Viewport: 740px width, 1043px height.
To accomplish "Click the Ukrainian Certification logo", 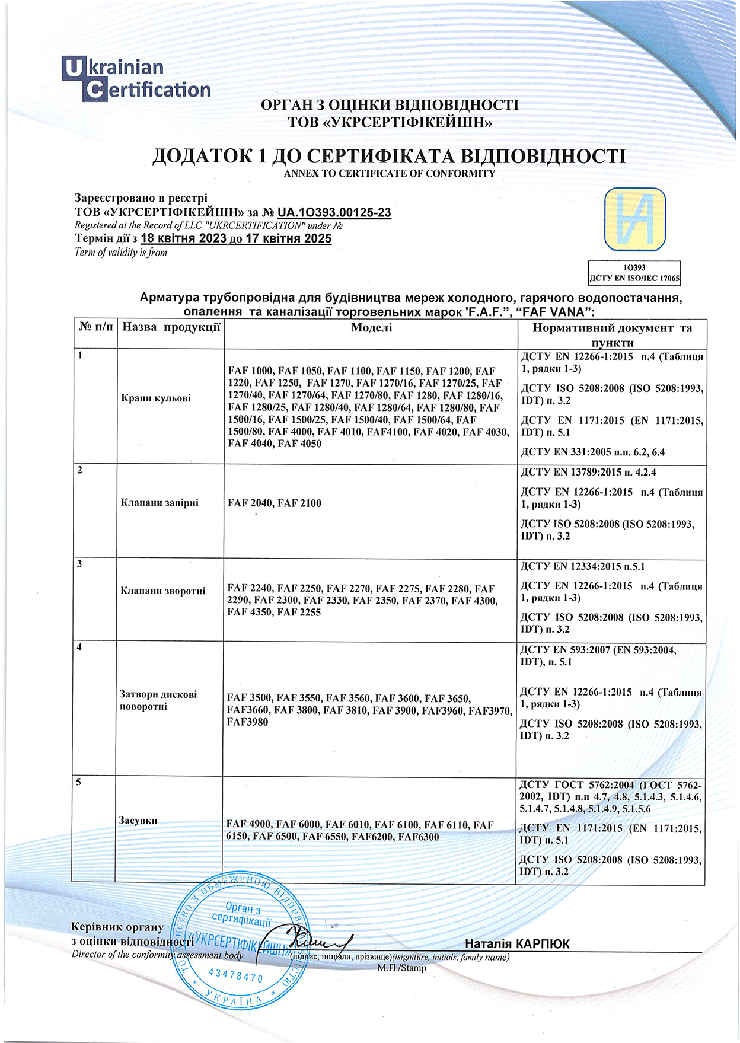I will pyautogui.click(x=136, y=78).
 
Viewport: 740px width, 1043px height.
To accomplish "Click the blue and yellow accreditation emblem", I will pyautogui.click(x=634, y=220).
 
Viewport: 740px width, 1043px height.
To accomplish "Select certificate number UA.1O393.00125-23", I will pyautogui.click(x=334, y=212).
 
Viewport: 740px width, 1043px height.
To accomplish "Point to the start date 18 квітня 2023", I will pyautogui.click(x=184, y=238).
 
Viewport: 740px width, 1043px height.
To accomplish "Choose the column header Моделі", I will pyautogui.click(x=371, y=328).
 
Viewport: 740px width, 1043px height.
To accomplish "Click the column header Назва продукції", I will pyautogui.click(x=171, y=327).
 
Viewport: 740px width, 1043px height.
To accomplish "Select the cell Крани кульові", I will pyautogui.click(x=156, y=398).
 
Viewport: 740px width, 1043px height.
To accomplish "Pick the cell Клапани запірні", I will pyautogui.click(x=160, y=503).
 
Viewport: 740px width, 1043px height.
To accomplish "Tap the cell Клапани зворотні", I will pyautogui.click(x=163, y=591).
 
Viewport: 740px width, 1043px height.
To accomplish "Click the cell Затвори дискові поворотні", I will pyautogui.click(x=158, y=700).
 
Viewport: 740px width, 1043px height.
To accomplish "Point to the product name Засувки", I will pyautogui.click(x=138, y=821).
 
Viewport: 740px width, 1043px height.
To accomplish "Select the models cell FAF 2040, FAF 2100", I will pyautogui.click(x=275, y=503).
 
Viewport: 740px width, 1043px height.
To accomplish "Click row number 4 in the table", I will pyautogui.click(x=79, y=648).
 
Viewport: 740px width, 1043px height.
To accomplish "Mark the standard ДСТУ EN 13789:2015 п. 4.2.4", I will pyautogui.click(x=588, y=473).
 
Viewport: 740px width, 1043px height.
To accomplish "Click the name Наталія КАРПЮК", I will pyautogui.click(x=517, y=944).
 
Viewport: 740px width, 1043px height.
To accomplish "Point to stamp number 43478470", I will pyautogui.click(x=236, y=975).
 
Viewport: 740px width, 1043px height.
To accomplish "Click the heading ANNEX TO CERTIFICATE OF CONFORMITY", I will pyautogui.click(x=389, y=174).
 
